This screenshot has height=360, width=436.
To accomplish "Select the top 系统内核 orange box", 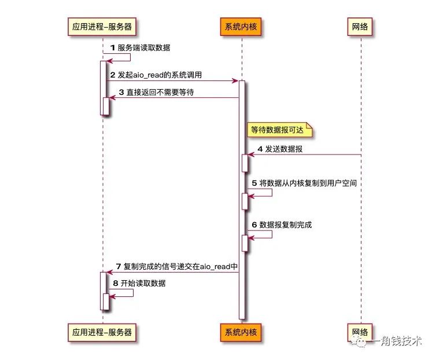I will (x=241, y=27).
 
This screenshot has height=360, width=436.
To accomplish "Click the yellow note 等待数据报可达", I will (x=279, y=130).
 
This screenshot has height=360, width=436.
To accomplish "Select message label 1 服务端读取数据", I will (x=140, y=48).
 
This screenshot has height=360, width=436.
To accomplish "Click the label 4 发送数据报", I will (x=280, y=149).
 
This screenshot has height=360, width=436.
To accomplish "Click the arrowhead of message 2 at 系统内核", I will (x=235, y=81).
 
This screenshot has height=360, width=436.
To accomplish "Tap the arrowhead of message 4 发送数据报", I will (x=251, y=155).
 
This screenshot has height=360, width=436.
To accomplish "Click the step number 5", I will (x=254, y=183).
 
